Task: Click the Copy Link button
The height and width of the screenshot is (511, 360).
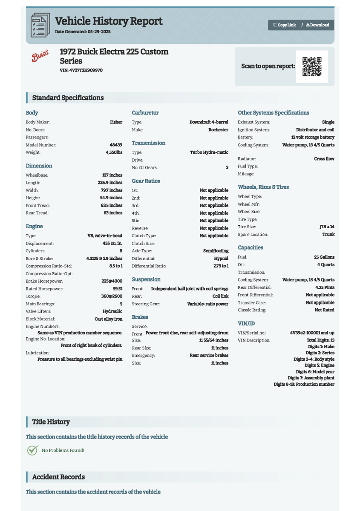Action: click(284, 25)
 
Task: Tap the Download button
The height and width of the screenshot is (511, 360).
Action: click(317, 25)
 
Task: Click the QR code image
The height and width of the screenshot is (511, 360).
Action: click(312, 66)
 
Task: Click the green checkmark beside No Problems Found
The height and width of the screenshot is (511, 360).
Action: click(32, 450)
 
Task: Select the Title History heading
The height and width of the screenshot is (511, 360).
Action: click(51, 422)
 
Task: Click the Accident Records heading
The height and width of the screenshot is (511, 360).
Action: click(58, 477)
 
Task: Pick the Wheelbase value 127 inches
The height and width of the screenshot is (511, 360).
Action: click(112, 175)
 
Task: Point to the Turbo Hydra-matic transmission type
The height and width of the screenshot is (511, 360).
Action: click(209, 152)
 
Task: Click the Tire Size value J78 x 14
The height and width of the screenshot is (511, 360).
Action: click(327, 227)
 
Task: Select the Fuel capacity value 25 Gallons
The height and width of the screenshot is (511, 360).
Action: click(324, 257)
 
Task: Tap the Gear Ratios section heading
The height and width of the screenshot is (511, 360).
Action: click(146, 181)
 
